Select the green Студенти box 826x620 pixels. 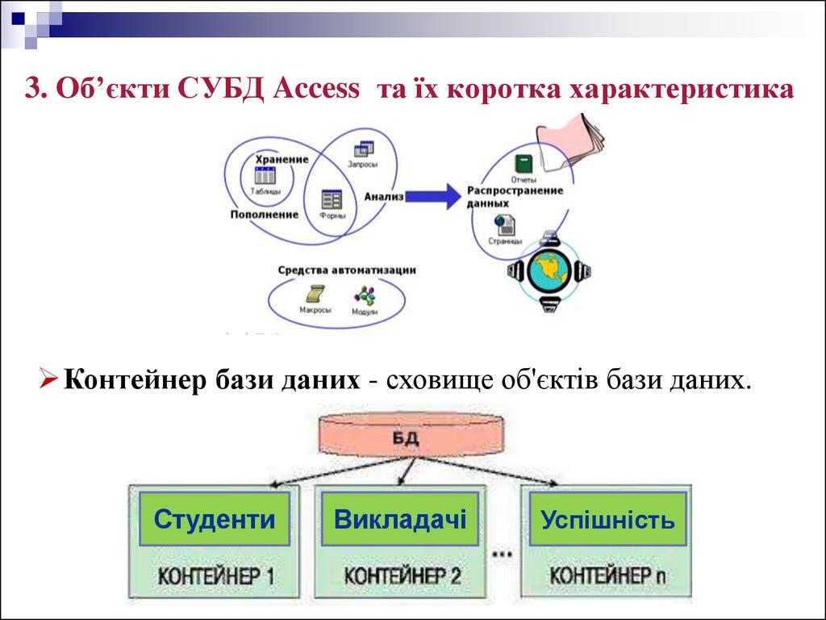[214, 518]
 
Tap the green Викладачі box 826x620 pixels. [401, 518]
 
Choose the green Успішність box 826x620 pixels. [607, 518]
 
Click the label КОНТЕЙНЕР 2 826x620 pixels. [402, 576]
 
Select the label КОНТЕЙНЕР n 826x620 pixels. [607, 576]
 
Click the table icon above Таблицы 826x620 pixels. [265, 175]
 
